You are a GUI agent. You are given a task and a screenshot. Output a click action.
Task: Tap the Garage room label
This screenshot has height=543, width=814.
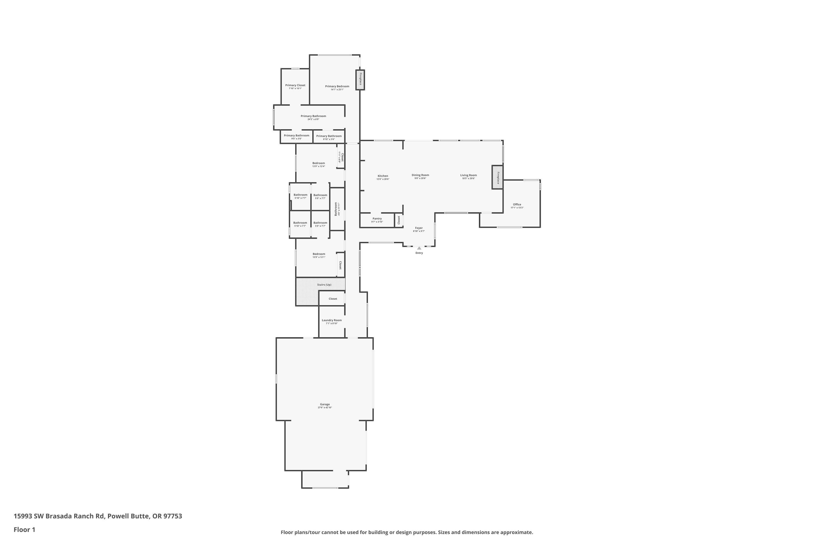[325, 405]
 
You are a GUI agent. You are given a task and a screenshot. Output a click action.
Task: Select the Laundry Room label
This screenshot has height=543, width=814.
[332, 320]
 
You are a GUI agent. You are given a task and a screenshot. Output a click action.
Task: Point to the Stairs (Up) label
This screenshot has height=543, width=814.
[324, 285]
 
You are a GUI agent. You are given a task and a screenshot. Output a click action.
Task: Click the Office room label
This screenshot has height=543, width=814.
[517, 205]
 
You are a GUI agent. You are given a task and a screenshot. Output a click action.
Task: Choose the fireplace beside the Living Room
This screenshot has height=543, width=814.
[498, 177]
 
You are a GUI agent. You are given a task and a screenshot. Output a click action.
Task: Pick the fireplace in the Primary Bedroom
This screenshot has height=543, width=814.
[360, 80]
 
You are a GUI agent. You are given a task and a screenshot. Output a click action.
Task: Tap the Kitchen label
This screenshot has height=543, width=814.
[383, 176]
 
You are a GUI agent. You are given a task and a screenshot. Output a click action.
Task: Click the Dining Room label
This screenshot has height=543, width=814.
[420, 175]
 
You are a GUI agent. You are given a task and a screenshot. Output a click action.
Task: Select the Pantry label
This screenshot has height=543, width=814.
[377, 219]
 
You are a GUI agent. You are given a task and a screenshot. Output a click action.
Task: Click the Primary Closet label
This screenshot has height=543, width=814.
[295, 85]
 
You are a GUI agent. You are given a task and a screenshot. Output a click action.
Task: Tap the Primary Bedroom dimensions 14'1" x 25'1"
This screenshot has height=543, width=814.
[337, 90]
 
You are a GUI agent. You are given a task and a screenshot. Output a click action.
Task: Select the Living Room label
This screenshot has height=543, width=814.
[468, 175]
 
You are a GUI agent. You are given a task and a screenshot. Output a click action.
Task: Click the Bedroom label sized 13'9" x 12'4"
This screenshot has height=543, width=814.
[318, 163]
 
